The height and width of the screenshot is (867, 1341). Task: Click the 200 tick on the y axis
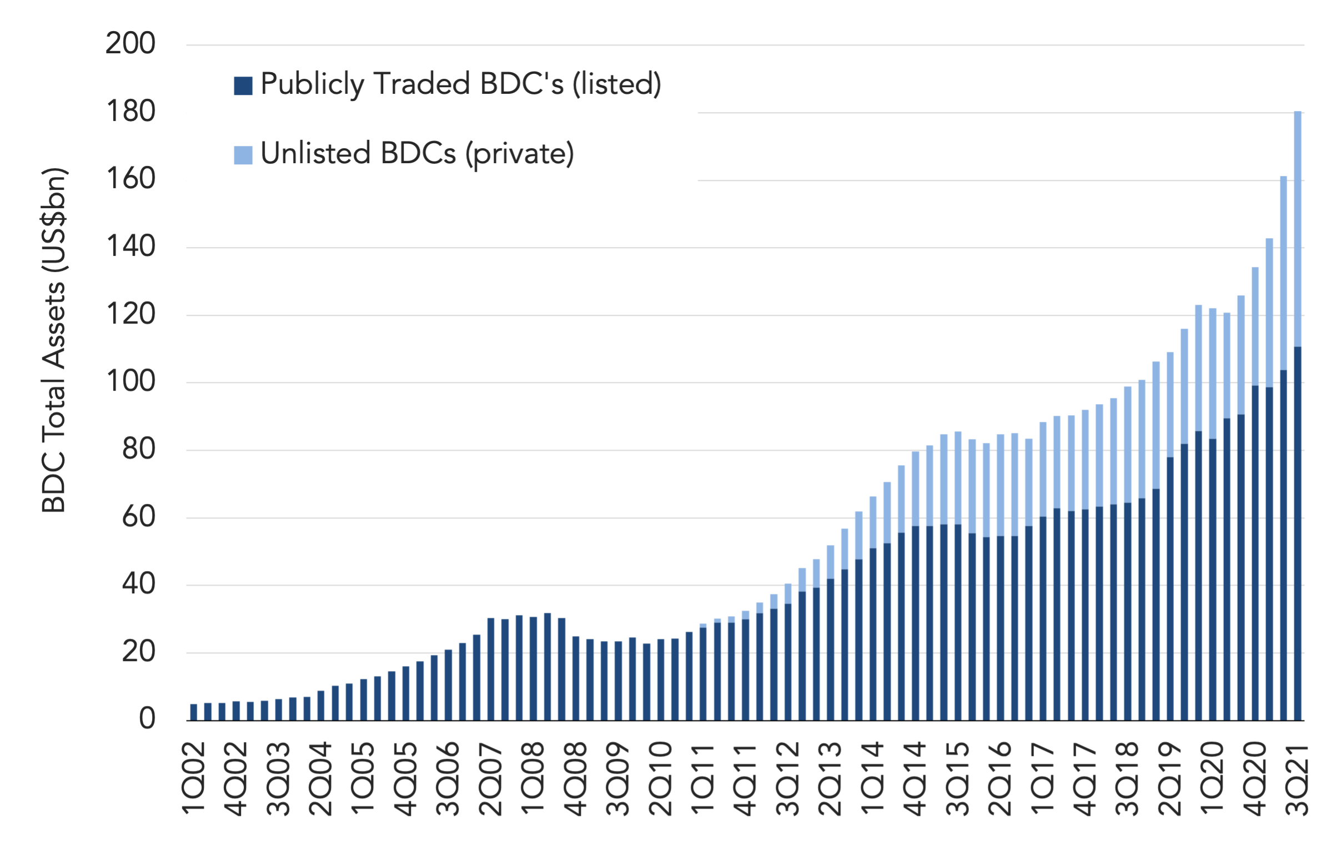[x=130, y=43]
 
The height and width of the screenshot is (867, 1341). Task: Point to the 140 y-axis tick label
[x=130, y=246]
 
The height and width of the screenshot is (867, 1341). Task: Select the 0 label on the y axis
[x=148, y=719]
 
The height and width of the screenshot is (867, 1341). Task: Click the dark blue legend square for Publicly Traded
[x=243, y=85]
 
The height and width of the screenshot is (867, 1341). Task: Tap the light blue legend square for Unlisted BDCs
[x=243, y=155]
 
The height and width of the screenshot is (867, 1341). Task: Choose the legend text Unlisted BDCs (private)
[x=418, y=154]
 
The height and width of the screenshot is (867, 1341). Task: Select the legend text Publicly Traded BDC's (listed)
[x=461, y=84]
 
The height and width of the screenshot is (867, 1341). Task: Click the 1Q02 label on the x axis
[x=193, y=779]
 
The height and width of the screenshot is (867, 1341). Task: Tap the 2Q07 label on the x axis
[x=490, y=779]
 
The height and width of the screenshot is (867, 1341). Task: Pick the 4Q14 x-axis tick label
[x=915, y=779]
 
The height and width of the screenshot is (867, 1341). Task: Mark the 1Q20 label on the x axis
[x=1212, y=779]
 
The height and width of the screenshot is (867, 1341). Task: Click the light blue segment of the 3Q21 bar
[x=1298, y=229]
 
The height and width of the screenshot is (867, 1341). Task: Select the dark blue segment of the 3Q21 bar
[x=1298, y=534]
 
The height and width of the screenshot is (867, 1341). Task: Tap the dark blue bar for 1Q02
[x=194, y=712]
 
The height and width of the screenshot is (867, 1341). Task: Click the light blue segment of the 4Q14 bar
[x=915, y=488]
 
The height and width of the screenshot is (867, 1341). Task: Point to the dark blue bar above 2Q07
[x=490, y=669]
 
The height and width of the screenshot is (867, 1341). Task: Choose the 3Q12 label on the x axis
[x=787, y=779]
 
